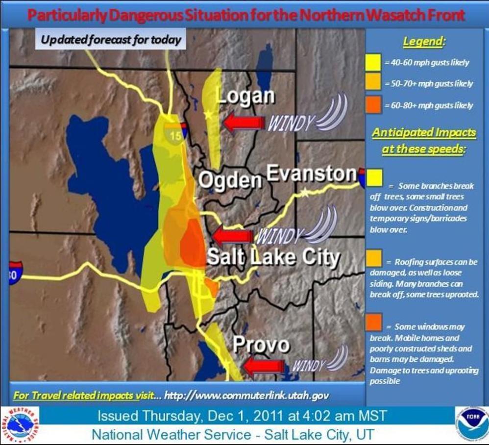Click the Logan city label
245,96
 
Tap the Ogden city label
229,180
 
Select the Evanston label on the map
312,173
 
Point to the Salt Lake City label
273,257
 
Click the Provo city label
261,345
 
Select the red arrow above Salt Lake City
233,236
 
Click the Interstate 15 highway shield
176,132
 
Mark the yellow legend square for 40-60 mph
373,62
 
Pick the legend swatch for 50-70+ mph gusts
373,83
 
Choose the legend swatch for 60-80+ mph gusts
373,104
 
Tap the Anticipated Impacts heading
423,140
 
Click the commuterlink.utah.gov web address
246,395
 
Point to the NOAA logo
471,422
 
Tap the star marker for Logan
208,115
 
